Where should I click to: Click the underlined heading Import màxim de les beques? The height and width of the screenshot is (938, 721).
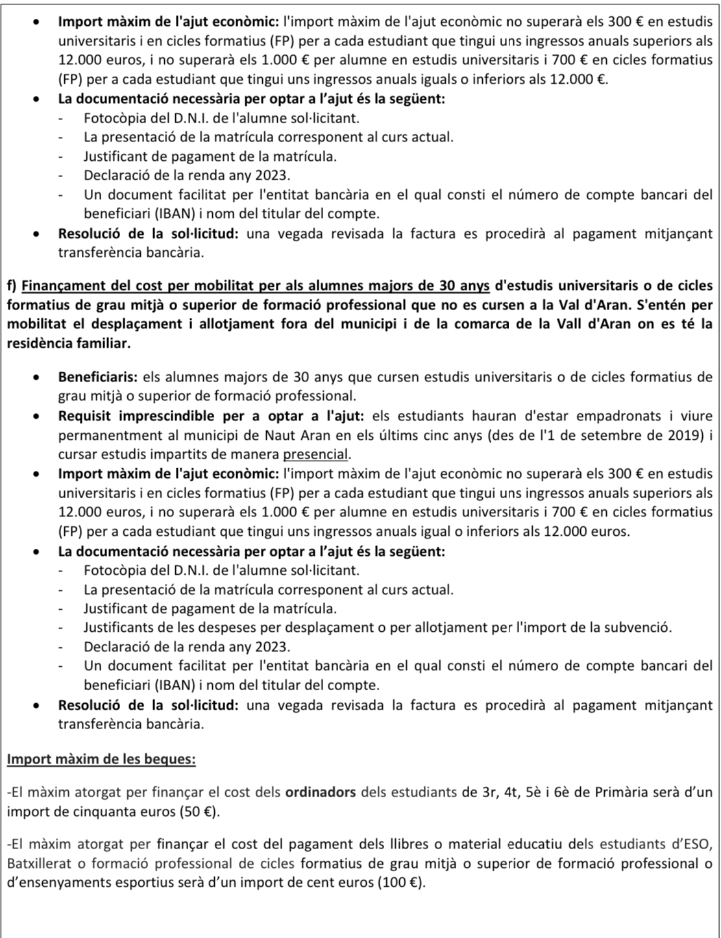[x=101, y=758]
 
